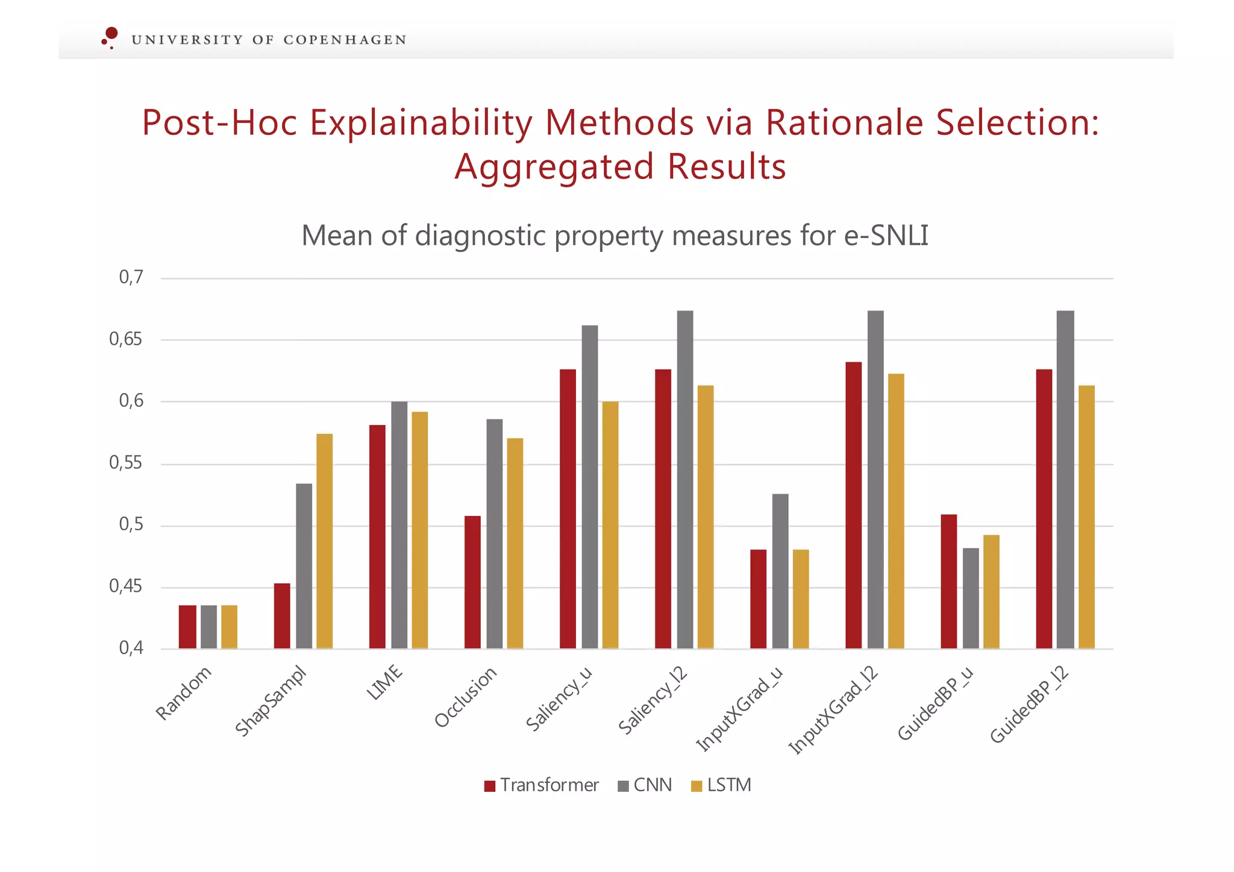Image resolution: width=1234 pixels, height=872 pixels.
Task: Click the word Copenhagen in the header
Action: [345, 40]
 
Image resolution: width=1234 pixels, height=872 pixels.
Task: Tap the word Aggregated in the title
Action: [554, 167]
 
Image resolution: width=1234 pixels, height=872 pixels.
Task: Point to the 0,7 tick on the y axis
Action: [131, 278]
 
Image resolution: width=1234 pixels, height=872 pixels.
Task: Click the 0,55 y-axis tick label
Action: [126, 463]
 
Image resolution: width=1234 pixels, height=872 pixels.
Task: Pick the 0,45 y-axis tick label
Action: [126, 586]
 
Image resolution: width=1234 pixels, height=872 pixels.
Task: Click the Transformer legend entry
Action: [541, 785]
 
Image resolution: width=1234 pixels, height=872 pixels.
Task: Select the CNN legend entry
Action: [645, 785]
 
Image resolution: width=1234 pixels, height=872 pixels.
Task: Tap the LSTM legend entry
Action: [721, 785]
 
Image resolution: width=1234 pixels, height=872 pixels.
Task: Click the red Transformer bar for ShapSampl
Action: [282, 616]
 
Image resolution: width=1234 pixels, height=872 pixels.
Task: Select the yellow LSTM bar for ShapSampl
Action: [324, 541]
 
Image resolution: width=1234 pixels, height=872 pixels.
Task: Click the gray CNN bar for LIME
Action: [399, 525]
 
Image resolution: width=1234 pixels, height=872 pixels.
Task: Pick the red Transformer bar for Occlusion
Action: [472, 582]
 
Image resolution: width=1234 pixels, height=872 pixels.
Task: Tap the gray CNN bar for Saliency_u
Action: [589, 487]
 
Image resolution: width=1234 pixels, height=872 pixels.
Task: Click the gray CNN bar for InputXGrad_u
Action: [780, 571]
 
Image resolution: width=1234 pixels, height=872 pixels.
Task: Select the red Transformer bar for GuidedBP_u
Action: [948, 582]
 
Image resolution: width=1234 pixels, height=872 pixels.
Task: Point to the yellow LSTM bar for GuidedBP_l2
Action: [1086, 517]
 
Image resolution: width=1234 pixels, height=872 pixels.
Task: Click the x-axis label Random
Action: [183, 693]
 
